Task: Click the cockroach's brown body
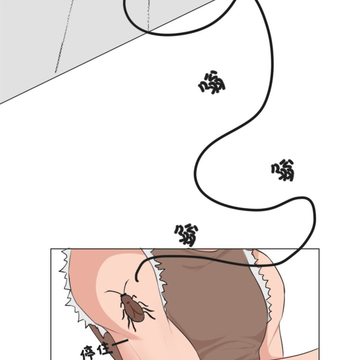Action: click(133, 308)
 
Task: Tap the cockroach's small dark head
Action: click(124, 295)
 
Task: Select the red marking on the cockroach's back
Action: click(128, 303)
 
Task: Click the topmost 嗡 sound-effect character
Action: click(212, 83)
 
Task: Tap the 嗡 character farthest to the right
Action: click(283, 170)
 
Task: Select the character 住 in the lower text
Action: click(105, 349)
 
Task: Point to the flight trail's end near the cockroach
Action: click(137, 280)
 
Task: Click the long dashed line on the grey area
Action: click(64, 37)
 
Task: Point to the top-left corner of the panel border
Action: click(51, 249)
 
